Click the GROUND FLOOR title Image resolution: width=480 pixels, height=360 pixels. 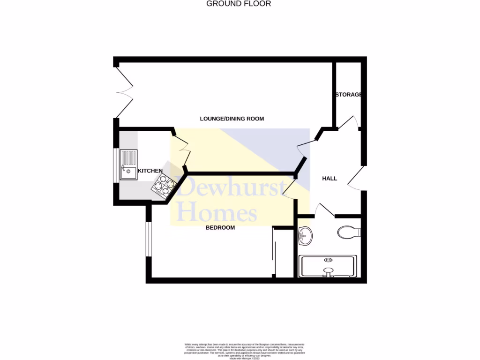(x=239, y=4)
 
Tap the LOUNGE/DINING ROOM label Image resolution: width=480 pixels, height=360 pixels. (x=232, y=119)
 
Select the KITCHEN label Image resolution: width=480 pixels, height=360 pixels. (x=150, y=171)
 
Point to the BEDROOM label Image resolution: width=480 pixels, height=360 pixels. (x=220, y=228)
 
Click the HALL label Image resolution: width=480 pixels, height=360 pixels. (x=330, y=179)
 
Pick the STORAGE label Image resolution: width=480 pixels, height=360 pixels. (x=348, y=95)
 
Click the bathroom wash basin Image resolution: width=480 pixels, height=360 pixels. (x=305, y=235)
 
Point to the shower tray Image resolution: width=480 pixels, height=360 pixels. (x=329, y=266)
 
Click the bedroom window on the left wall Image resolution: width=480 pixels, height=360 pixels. (x=147, y=239)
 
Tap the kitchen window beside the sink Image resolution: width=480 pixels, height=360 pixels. (x=115, y=165)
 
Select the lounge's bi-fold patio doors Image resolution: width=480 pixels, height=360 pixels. (x=124, y=92)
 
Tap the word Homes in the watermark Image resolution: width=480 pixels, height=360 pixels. (x=217, y=212)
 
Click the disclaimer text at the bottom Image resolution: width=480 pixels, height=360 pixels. (x=240, y=351)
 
